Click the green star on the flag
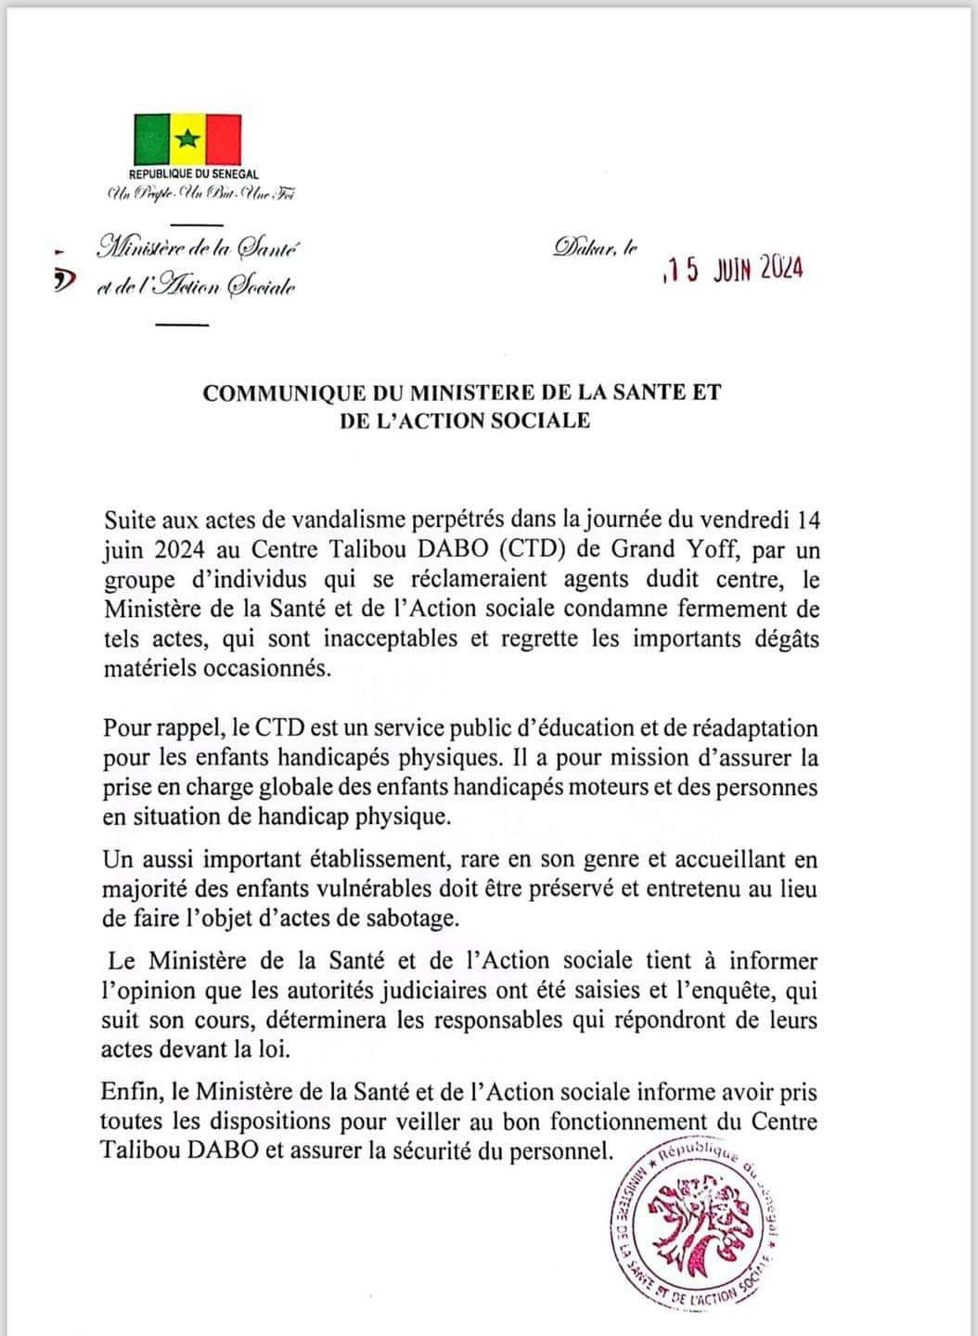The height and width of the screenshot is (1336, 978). click(187, 140)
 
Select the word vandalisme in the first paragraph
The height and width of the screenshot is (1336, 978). click(362, 520)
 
